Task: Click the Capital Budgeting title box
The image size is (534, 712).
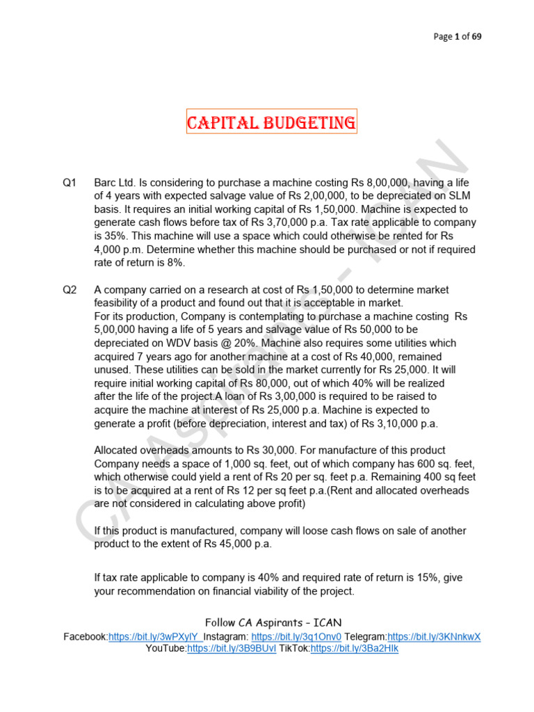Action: click(270, 124)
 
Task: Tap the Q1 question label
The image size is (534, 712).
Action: click(69, 183)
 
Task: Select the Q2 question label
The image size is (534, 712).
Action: click(69, 290)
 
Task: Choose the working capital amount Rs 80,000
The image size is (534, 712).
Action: click(263, 383)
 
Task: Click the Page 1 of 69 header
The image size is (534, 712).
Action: click(457, 37)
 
